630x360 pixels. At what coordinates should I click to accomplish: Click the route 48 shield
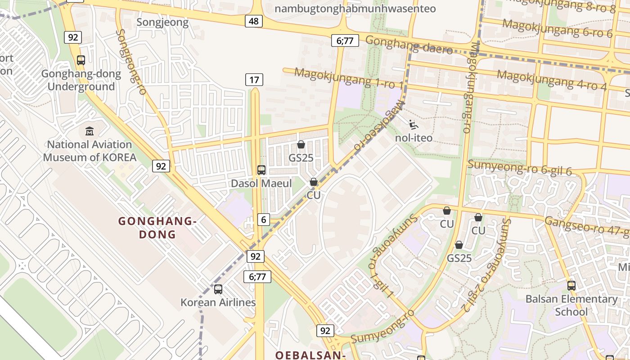click(x=254, y=21)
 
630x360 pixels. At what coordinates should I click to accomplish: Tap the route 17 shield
click(x=254, y=80)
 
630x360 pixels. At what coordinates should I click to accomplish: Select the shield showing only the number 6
click(x=264, y=220)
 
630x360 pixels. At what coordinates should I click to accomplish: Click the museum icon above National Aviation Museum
click(x=90, y=131)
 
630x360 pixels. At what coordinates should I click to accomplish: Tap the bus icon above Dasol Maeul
click(x=261, y=170)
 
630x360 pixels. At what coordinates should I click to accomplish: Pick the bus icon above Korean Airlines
click(x=218, y=289)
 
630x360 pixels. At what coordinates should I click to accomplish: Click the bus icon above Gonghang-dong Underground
click(x=81, y=60)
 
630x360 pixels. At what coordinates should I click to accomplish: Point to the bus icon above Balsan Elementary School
click(x=571, y=285)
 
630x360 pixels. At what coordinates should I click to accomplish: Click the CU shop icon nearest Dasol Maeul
click(x=314, y=182)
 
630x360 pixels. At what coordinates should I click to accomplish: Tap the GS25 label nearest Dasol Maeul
click(x=301, y=158)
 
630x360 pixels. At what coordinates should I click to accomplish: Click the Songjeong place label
click(x=162, y=22)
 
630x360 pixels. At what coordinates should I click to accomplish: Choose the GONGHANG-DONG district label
click(x=157, y=228)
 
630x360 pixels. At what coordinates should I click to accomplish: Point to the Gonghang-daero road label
click(x=409, y=45)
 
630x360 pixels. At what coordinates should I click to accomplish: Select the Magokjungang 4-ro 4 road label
click(x=552, y=81)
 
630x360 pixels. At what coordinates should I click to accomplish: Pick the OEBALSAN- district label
click(x=310, y=355)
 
